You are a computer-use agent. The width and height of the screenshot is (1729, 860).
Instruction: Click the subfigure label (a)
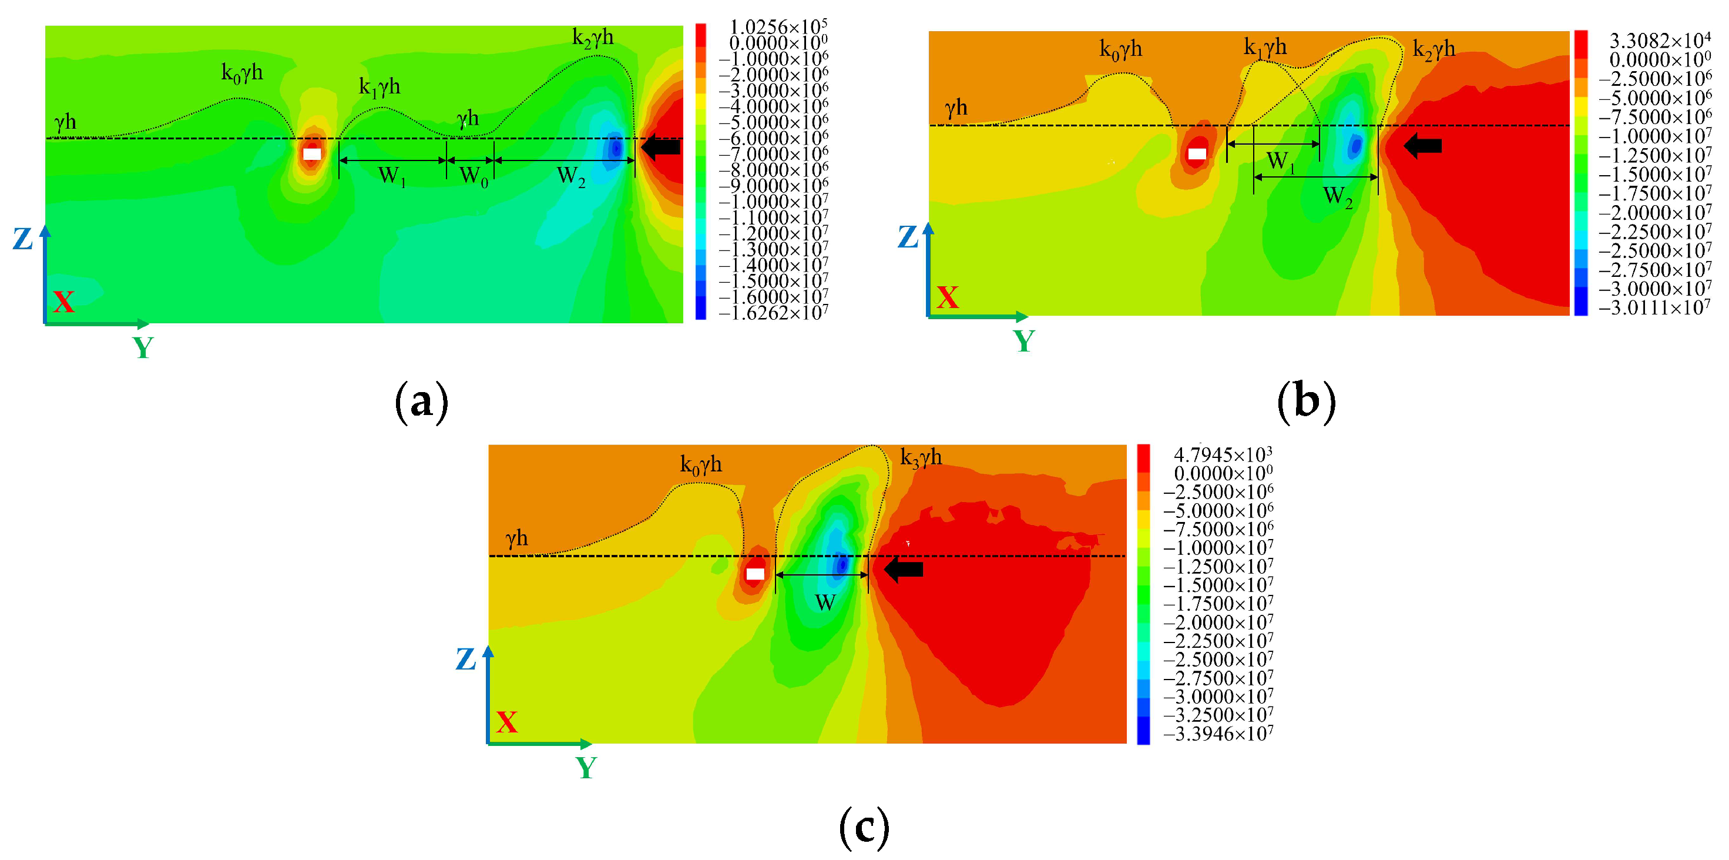421,402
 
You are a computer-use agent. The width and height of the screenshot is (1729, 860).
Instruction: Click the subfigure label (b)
1306,402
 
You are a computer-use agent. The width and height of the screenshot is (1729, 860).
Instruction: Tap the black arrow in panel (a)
660,146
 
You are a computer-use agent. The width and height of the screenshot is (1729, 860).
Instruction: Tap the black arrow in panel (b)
1422,145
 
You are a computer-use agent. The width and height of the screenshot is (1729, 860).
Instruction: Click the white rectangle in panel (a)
312,154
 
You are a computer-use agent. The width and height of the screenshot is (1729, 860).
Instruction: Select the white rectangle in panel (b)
1197,154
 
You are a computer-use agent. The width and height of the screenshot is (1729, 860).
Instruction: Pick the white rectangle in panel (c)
755,574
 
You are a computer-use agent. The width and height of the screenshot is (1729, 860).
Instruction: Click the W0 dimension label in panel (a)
473,176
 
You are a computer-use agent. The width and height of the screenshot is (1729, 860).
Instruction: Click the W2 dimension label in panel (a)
571,176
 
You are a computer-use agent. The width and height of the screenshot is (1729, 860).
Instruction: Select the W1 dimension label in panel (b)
1280,161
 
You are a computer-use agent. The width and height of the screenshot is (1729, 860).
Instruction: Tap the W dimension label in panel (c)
825,602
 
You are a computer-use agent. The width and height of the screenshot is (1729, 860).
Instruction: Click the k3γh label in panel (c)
921,459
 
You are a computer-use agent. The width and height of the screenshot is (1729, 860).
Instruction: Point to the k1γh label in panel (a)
379,87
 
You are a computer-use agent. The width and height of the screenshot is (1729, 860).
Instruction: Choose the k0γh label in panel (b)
1120,50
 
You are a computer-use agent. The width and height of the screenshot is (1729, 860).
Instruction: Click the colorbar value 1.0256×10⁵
778,27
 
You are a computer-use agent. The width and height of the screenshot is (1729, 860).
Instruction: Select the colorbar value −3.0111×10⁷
1654,308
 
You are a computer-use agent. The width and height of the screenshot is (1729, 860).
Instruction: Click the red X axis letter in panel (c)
507,722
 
